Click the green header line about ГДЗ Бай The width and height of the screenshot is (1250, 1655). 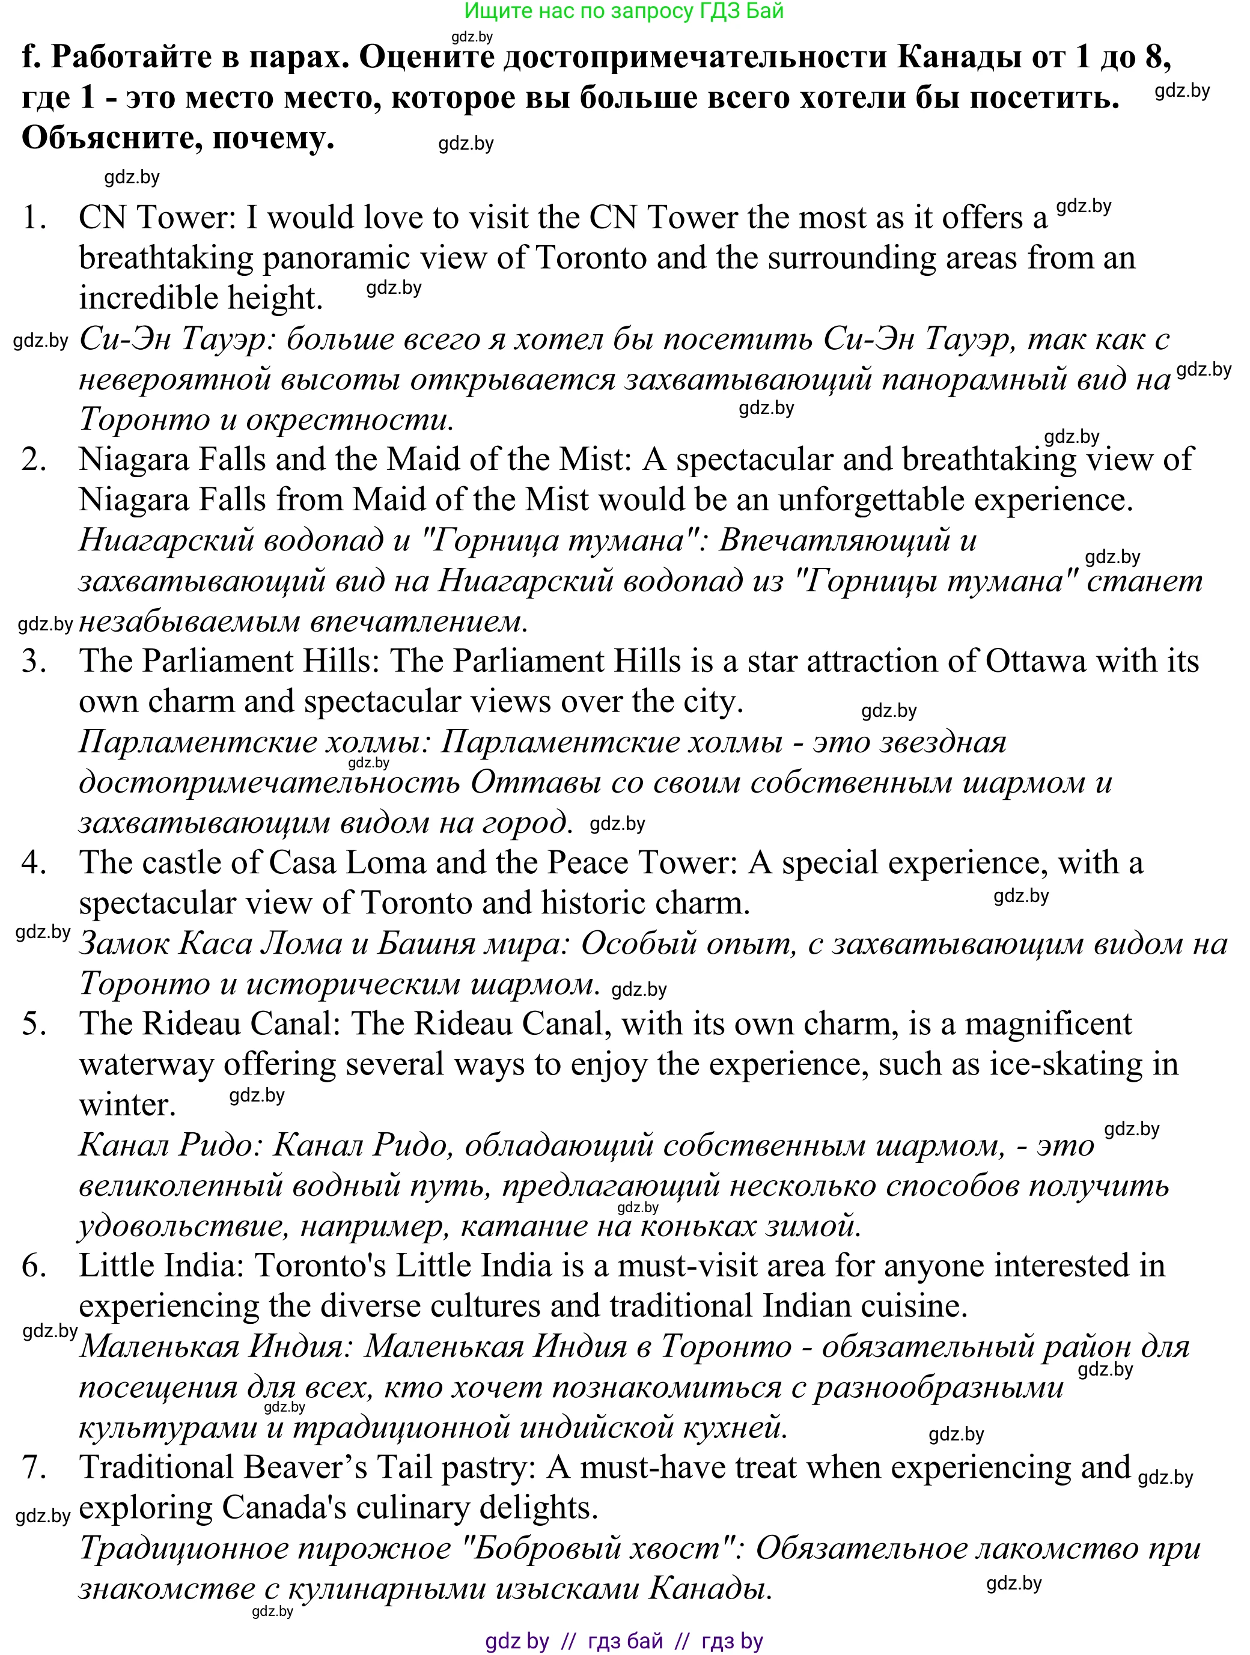click(x=624, y=11)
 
